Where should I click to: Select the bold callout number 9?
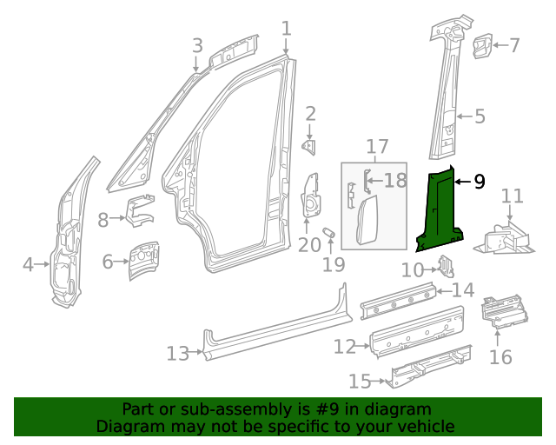point(479,182)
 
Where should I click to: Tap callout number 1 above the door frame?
point(286,29)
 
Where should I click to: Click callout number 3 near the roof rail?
point(197,45)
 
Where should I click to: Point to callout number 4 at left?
point(28,263)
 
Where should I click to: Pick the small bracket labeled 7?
point(482,45)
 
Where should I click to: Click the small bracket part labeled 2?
point(309,146)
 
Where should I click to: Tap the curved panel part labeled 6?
point(142,258)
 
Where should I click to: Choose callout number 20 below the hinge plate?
point(309,245)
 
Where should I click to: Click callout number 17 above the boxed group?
point(376,146)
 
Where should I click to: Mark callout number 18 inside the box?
point(395,181)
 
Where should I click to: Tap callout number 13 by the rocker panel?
point(177,354)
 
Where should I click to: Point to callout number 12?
point(345,347)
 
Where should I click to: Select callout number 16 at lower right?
point(500,357)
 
